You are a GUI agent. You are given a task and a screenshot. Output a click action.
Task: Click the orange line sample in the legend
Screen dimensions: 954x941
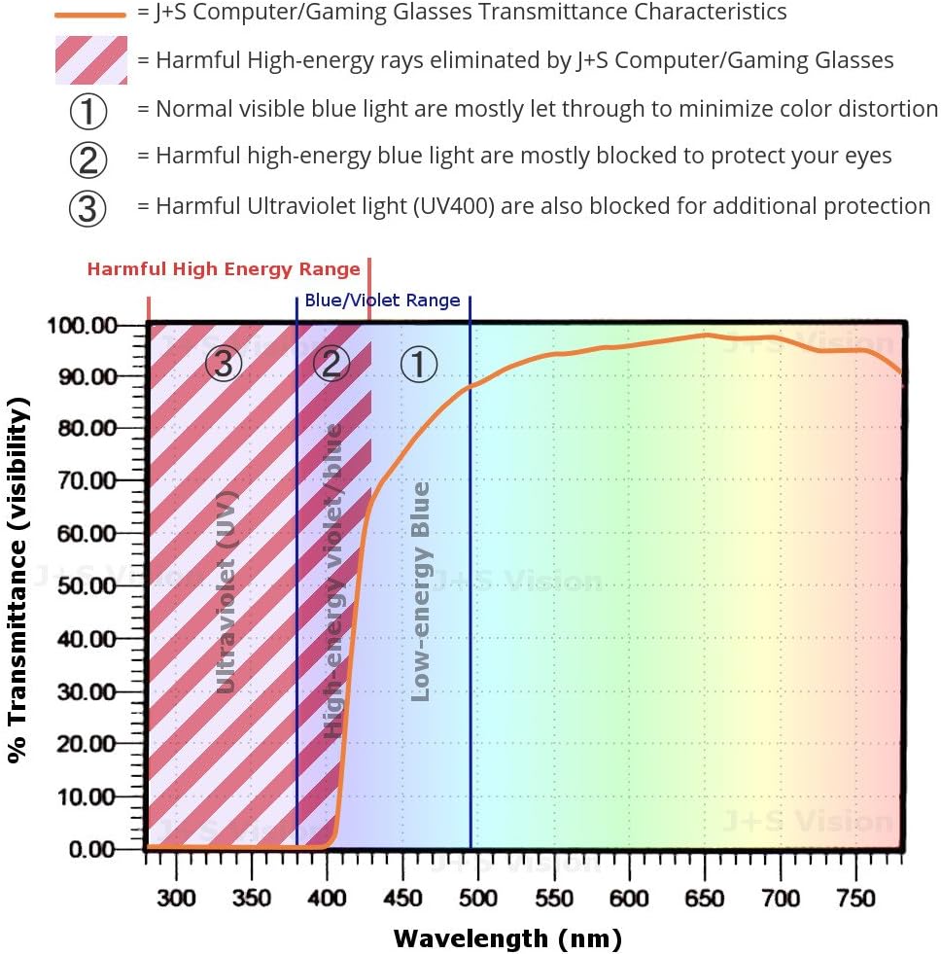tap(90, 15)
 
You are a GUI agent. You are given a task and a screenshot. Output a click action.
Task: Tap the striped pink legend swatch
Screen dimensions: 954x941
tap(90, 60)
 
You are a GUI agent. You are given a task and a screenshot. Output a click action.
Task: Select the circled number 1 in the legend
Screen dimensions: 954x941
tap(88, 111)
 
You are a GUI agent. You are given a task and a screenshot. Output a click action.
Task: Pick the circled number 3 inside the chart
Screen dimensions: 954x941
tap(224, 364)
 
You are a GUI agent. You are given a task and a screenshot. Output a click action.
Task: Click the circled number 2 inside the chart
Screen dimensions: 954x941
tap(331, 364)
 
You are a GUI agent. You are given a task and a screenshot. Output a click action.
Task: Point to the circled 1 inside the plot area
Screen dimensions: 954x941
tap(420, 364)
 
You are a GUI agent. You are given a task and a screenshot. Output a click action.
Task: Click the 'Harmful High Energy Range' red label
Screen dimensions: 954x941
tap(224, 269)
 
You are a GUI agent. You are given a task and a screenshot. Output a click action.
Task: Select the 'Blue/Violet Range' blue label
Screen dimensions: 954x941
tap(382, 300)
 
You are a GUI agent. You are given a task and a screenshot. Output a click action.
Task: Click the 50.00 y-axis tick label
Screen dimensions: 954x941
tap(87, 586)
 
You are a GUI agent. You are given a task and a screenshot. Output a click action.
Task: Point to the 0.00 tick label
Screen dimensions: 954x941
tap(91, 849)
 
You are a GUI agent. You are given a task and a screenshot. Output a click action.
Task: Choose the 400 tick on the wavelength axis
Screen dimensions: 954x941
tap(328, 897)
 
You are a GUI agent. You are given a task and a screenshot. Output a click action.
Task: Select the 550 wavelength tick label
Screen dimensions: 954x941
tap(554, 897)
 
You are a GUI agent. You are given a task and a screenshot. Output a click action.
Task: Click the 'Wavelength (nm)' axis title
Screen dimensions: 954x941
tap(506, 938)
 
